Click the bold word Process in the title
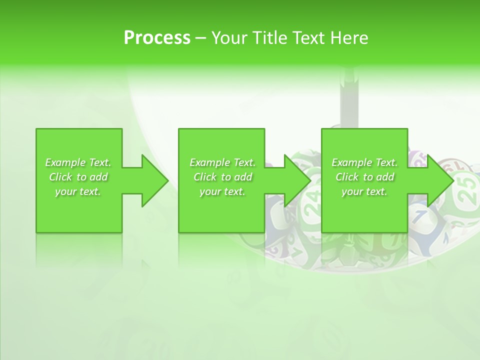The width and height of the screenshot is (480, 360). pyautogui.click(x=157, y=37)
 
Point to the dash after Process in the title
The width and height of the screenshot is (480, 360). pyautogui.click(x=200, y=38)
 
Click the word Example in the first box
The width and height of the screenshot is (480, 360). pyautogui.click(x=65, y=162)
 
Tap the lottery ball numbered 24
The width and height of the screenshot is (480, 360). pyautogui.click(x=312, y=200)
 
